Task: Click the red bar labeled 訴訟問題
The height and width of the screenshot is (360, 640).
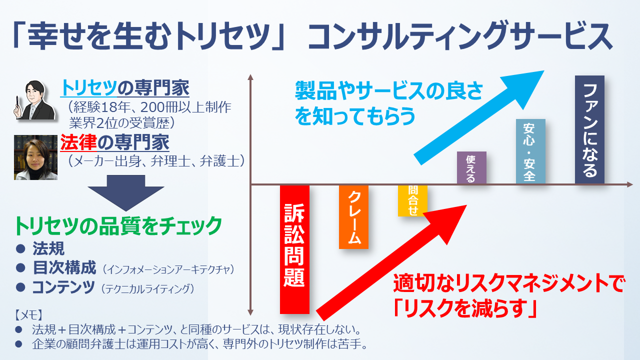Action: click(294, 249)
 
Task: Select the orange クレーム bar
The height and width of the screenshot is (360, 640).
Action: click(353, 217)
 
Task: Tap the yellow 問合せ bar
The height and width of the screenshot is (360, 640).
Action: click(412, 200)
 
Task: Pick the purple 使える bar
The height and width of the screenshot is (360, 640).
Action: click(471, 167)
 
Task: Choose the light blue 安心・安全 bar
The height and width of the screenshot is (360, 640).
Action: click(530, 151)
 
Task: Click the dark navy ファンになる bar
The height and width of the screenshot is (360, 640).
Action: click(589, 129)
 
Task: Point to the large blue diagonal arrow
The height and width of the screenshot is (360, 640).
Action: click(478, 117)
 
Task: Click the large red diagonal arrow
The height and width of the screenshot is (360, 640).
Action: click(391, 263)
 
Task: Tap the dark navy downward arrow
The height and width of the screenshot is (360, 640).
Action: click(126, 193)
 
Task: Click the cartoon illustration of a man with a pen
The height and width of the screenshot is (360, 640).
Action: click(34, 100)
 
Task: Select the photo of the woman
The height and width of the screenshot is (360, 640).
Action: click(35, 157)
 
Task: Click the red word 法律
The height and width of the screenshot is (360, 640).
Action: click(78, 142)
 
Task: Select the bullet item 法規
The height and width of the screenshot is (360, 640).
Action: click(48, 248)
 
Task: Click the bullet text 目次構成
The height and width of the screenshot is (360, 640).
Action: click(64, 267)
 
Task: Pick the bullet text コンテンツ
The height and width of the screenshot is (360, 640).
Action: click(63, 287)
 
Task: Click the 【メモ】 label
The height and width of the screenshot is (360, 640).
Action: click(28, 315)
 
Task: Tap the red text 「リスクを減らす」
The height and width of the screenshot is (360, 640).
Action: click(465, 308)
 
